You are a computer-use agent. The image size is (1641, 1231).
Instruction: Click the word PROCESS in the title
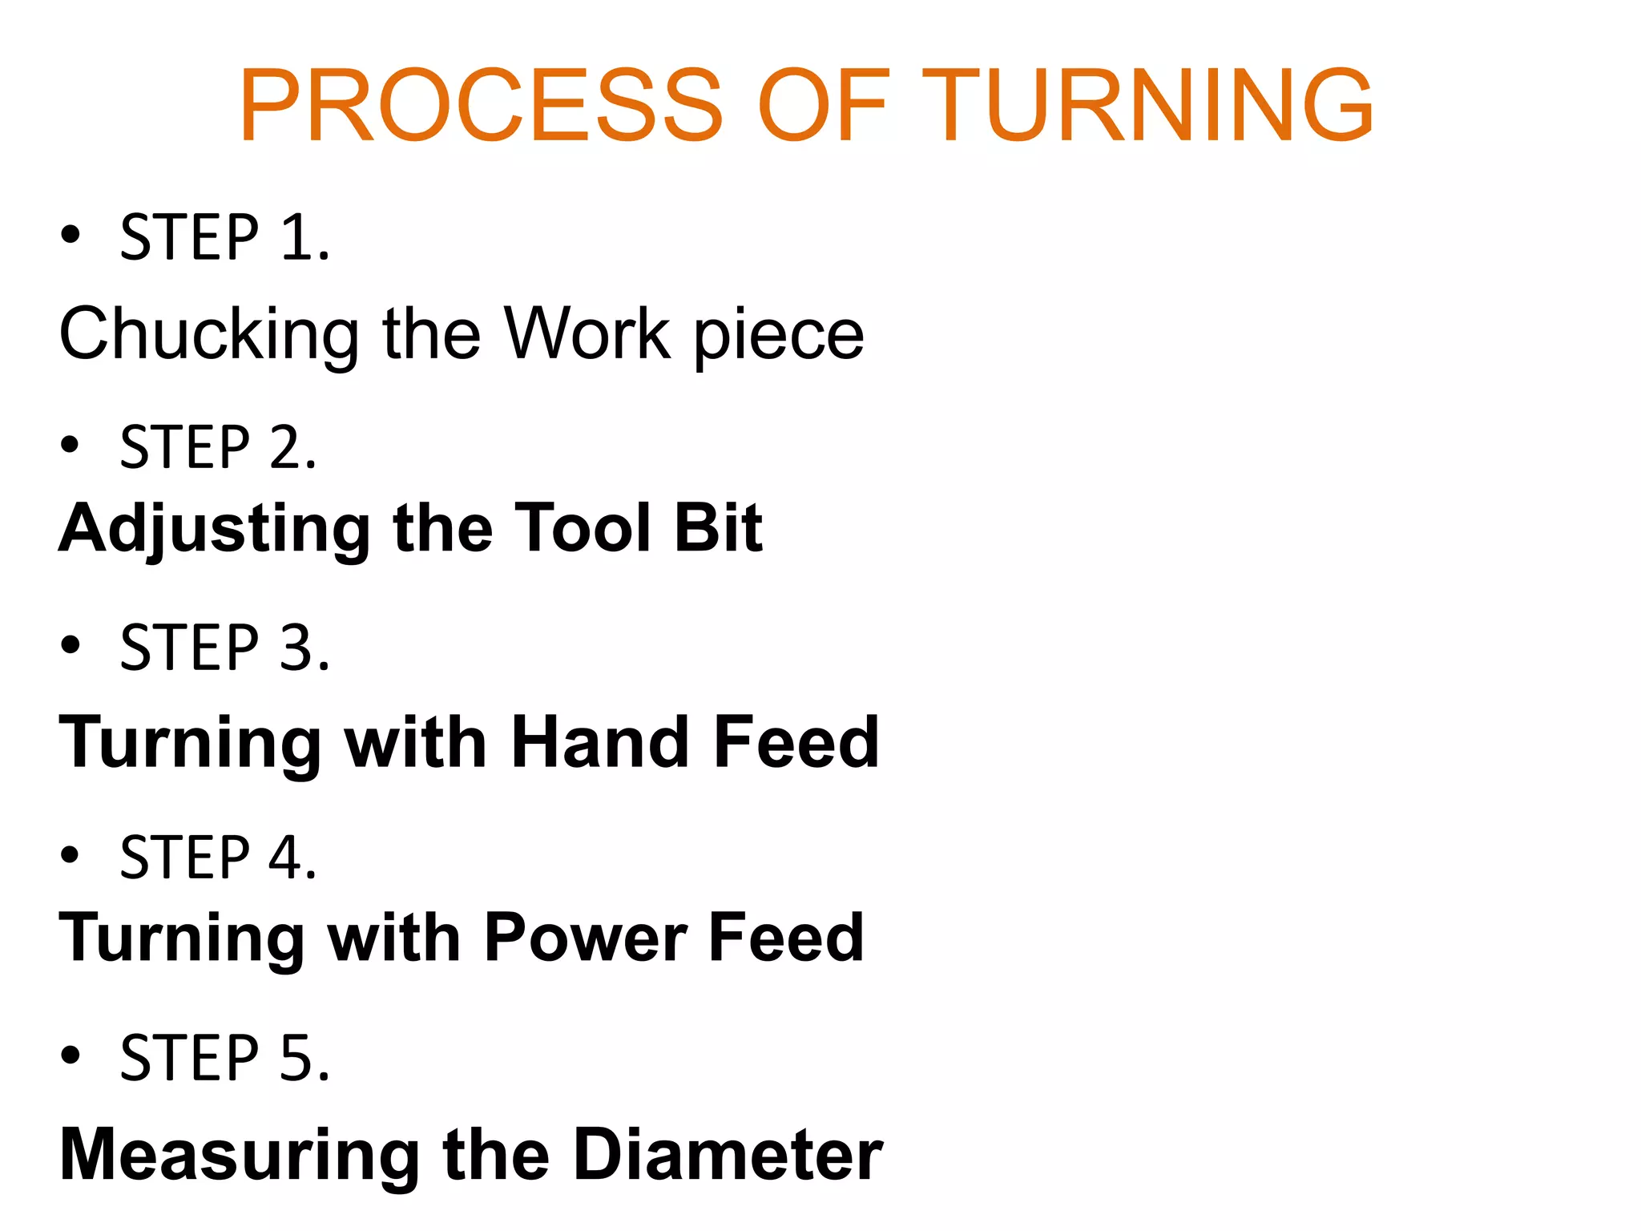481,106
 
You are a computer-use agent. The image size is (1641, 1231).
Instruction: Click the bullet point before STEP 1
71,235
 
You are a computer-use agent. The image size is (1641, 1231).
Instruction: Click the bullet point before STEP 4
71,855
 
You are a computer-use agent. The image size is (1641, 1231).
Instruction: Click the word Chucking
209,334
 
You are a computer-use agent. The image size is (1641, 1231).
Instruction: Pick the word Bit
717,527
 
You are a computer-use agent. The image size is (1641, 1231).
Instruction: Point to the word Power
585,938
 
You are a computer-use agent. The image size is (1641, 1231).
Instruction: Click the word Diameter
728,1154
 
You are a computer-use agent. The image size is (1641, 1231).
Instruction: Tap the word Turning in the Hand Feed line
191,744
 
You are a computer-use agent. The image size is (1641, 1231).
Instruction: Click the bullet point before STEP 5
71,1055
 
